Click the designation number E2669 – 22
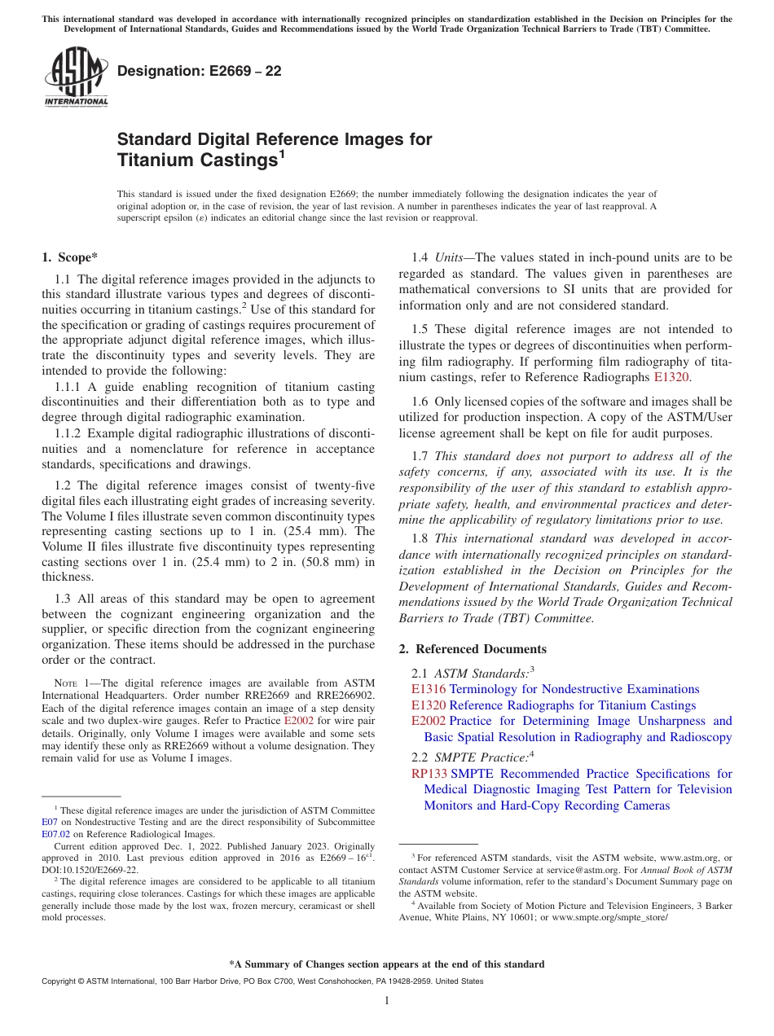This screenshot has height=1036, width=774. [x=200, y=71]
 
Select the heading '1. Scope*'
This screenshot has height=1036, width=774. [x=69, y=258]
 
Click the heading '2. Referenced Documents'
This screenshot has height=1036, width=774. [x=473, y=649]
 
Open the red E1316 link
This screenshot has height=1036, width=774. [x=429, y=689]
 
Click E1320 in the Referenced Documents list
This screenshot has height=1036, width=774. [x=429, y=705]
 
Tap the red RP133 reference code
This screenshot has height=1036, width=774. [x=429, y=774]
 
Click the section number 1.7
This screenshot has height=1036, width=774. [x=421, y=456]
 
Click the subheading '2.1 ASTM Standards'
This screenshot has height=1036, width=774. [x=472, y=673]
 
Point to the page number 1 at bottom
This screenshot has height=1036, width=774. [x=387, y=1001]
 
